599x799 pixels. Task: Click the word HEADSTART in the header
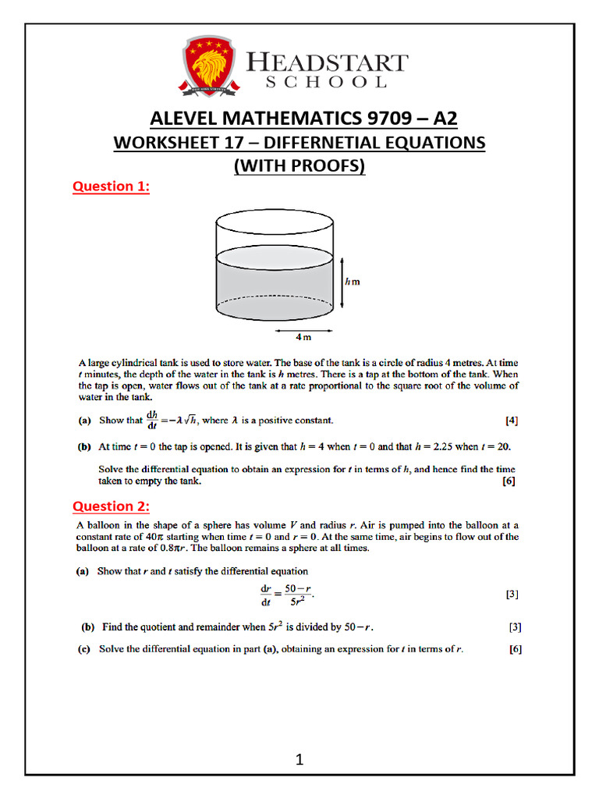pyautogui.click(x=326, y=62)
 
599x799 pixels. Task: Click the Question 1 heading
pyautogui.click(x=111, y=186)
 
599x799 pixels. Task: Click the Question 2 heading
pyautogui.click(x=111, y=506)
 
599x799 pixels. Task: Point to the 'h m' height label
pyautogui.click(x=352, y=282)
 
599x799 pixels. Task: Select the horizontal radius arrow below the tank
pyautogui.click(x=305, y=330)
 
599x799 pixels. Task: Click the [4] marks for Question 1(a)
pyautogui.click(x=512, y=421)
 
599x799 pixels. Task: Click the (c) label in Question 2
pyautogui.click(x=88, y=648)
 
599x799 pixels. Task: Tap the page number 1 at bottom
pyautogui.click(x=299, y=760)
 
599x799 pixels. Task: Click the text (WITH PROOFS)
pyautogui.click(x=299, y=165)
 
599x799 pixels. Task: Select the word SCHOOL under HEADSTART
pyautogui.click(x=326, y=82)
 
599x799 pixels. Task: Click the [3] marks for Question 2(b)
pyautogui.click(x=515, y=627)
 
